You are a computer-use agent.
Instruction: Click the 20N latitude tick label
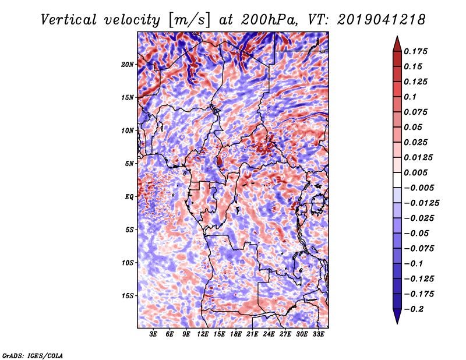[x=128, y=65]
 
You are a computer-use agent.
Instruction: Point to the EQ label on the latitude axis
[x=129, y=197]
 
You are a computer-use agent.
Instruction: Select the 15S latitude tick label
[x=128, y=296]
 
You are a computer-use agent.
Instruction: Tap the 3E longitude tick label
[x=153, y=334]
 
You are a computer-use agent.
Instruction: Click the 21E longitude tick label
[x=252, y=334]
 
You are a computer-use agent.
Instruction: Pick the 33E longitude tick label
[x=318, y=334]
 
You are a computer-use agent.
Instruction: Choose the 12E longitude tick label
[x=202, y=334]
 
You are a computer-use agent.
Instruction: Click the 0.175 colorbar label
[x=415, y=51]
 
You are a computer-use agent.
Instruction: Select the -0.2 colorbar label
[x=413, y=309]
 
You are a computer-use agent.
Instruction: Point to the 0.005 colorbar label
[x=415, y=172]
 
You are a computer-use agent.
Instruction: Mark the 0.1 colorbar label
[x=410, y=97]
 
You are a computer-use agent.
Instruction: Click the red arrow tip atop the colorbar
[x=397, y=36]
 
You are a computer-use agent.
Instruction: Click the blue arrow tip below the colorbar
[x=397, y=323]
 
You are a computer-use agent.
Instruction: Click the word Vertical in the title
[x=69, y=20]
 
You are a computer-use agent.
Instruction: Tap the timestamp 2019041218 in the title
[x=382, y=20]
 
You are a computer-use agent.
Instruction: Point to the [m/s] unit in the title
[x=189, y=20]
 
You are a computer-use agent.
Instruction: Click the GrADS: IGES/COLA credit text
[x=33, y=355]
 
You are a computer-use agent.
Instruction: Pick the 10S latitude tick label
[x=128, y=263]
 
